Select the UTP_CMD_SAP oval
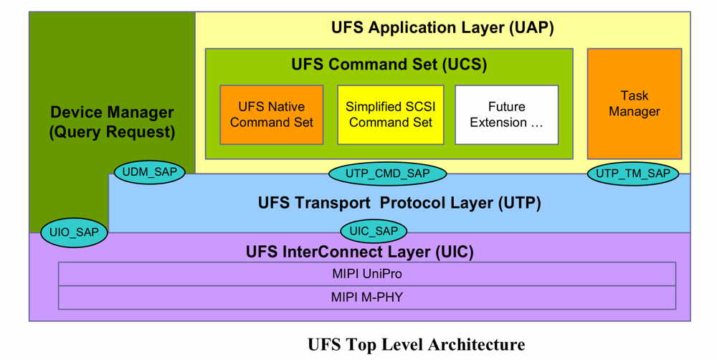coord(387,173)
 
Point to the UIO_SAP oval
coord(74,232)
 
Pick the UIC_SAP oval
coord(374,231)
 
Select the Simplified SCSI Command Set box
coord(390,115)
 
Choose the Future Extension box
coord(506,115)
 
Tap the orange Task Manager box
coord(634,104)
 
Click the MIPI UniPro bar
coord(366,274)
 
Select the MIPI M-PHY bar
coord(366,297)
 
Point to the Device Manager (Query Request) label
coord(112,121)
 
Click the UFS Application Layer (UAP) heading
coord(442,28)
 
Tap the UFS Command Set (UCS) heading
coord(389,65)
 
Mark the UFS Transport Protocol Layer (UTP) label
coord(399,203)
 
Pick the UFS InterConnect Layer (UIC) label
coord(359,252)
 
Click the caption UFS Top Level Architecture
coord(416,345)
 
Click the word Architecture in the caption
coord(477,345)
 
